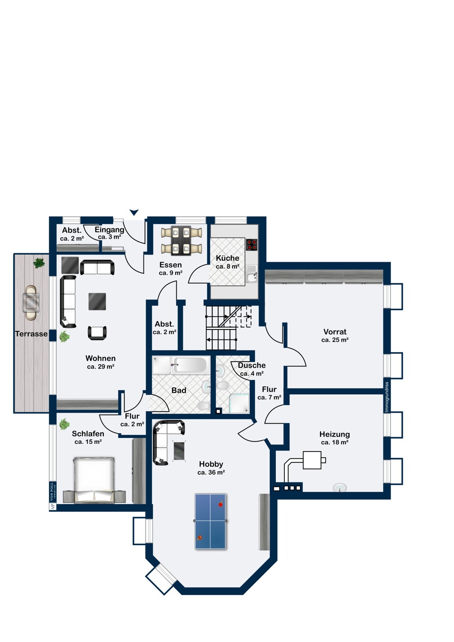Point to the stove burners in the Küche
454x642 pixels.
coord(251,244)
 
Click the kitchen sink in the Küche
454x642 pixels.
coord(252,277)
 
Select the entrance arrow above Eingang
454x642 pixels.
coord(134,212)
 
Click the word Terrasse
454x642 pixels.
coord(31,334)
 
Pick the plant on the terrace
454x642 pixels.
coord(39,263)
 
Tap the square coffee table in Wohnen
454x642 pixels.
coord(97,301)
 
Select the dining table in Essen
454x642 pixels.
coord(181,241)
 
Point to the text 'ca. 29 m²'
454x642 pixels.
coord(101,366)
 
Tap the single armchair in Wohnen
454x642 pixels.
coord(97,333)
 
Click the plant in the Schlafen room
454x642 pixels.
coord(65,424)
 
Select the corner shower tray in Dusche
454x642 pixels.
coord(239,403)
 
